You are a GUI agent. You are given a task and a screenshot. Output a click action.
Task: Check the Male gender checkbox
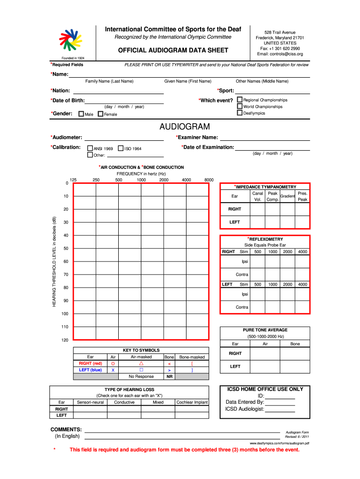click(81, 114)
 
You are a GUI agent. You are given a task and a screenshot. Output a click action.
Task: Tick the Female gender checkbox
click(100, 114)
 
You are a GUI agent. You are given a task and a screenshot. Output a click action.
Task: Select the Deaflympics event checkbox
click(240, 113)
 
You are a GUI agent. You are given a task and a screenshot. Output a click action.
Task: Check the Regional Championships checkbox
click(240, 100)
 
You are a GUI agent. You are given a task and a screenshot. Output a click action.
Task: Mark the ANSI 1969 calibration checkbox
click(91, 148)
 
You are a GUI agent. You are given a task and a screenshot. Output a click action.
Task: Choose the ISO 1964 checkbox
click(121, 148)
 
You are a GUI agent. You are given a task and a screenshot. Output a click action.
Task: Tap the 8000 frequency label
click(209, 180)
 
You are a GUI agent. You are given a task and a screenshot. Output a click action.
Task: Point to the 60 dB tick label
click(66, 261)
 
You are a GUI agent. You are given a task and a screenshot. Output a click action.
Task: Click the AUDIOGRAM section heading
click(185, 127)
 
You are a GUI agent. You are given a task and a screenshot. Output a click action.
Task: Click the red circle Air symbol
click(113, 363)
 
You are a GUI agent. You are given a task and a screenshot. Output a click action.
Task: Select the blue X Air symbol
click(113, 370)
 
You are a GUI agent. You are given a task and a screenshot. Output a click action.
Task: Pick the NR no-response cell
click(169, 377)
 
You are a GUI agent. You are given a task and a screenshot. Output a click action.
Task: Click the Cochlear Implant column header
click(192, 402)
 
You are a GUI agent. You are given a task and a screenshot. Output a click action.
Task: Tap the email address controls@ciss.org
click(280, 54)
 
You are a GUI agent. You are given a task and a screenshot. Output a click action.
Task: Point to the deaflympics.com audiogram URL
click(280, 443)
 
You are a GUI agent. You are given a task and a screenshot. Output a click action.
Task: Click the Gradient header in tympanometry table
click(287, 196)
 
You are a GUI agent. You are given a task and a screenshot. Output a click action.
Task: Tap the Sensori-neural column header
click(90, 402)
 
